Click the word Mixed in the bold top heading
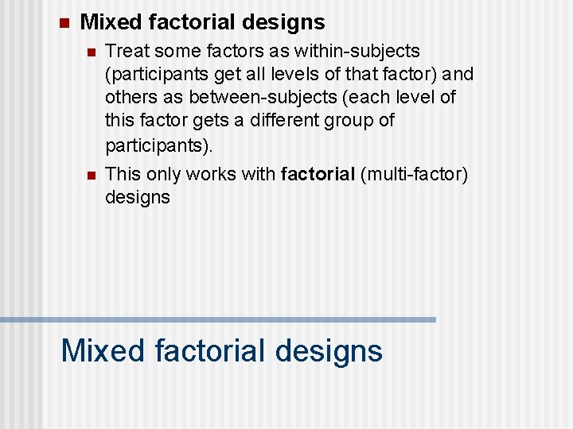[107, 22]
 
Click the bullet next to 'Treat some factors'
[92, 52]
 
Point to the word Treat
[126, 52]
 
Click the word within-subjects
[357, 52]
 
